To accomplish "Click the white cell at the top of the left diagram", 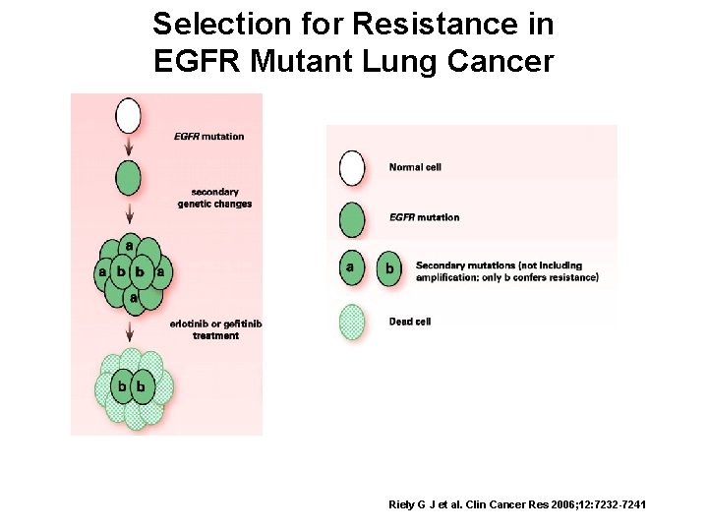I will pyautogui.click(x=128, y=115).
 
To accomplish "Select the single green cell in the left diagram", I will pyautogui.click(x=128, y=178).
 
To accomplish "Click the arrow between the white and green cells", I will pyautogui.click(x=128, y=146).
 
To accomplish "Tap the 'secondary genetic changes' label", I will pyautogui.click(x=214, y=198).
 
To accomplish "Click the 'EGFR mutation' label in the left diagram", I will pyautogui.click(x=208, y=136).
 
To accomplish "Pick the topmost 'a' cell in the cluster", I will pyautogui.click(x=129, y=244).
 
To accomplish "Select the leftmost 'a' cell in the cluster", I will pyautogui.click(x=102, y=270).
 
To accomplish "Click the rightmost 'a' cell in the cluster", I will pyautogui.click(x=159, y=270).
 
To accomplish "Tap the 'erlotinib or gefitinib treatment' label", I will pyautogui.click(x=215, y=329).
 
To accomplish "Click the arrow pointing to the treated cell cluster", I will pyautogui.click(x=128, y=333).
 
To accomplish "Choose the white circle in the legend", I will pyautogui.click(x=351, y=166).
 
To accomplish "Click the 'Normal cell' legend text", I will pyautogui.click(x=415, y=167).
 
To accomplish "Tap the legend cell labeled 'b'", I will pyautogui.click(x=389, y=267).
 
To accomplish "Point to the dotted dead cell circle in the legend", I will pyautogui.click(x=351, y=322).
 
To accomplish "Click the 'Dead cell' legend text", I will pyautogui.click(x=410, y=322).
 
